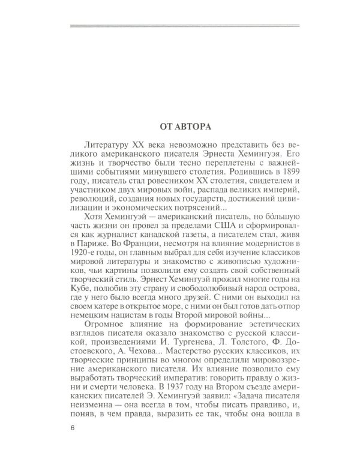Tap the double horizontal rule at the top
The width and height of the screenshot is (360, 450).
[184, 25]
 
